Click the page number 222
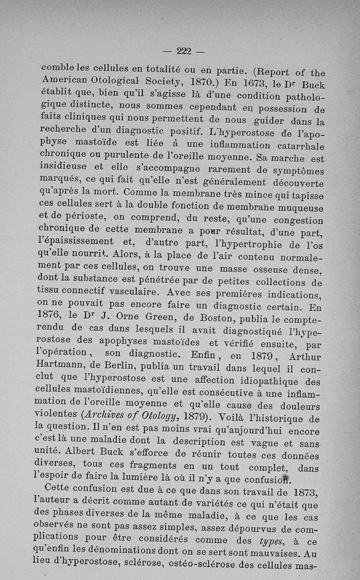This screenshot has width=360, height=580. pos(184,51)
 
